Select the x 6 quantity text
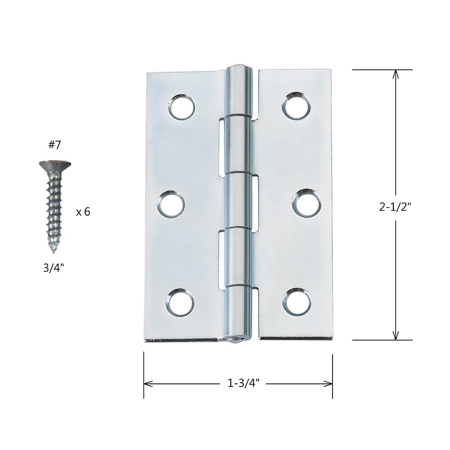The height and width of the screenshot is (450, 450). (x=83, y=212)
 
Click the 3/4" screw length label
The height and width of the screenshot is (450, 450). (x=54, y=268)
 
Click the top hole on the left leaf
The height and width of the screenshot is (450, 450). (x=182, y=107)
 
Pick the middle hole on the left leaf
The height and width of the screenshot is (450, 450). (x=171, y=204)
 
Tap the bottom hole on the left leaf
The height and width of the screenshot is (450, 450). (x=180, y=302)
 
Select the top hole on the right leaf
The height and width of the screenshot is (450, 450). (x=297, y=106)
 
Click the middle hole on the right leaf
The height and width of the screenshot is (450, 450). (x=306, y=203)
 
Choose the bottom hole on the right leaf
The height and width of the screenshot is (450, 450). (x=297, y=301)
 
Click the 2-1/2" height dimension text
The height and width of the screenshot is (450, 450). (x=396, y=207)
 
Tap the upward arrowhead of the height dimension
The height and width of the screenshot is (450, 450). (x=396, y=74)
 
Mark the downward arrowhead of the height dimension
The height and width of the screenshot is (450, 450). (x=396, y=336)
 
